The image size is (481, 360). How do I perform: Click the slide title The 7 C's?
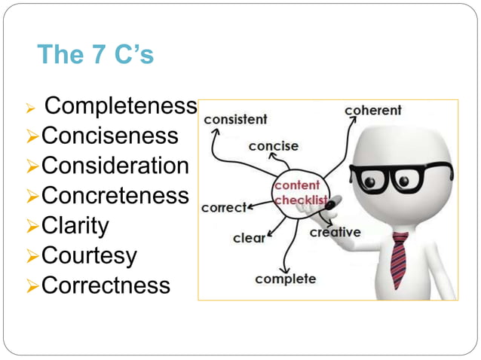pos(95,55)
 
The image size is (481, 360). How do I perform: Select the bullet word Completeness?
pos(121,106)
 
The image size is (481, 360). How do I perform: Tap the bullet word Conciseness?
pos(110,136)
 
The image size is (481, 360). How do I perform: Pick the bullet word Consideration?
pos(115,166)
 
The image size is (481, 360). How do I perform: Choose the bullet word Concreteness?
pos(115,196)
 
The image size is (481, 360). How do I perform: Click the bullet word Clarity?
pos(75,226)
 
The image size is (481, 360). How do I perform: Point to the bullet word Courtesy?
pos(89,256)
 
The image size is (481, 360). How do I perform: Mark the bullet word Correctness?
pos(106,286)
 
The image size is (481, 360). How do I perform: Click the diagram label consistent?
pos(235,119)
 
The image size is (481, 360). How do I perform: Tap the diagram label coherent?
pos(372,111)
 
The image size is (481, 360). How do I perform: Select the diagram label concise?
pos(273,145)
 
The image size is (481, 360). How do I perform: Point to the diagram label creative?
pos(335,232)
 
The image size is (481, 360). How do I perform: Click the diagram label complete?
pos(285,279)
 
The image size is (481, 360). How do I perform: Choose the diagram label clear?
pos(249,238)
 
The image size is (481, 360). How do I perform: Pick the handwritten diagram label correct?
pos(224,206)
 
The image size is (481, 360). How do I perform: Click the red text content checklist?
pos(297,193)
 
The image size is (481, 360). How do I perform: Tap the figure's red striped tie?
pos(399,260)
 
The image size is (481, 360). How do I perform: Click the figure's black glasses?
pos(400,179)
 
